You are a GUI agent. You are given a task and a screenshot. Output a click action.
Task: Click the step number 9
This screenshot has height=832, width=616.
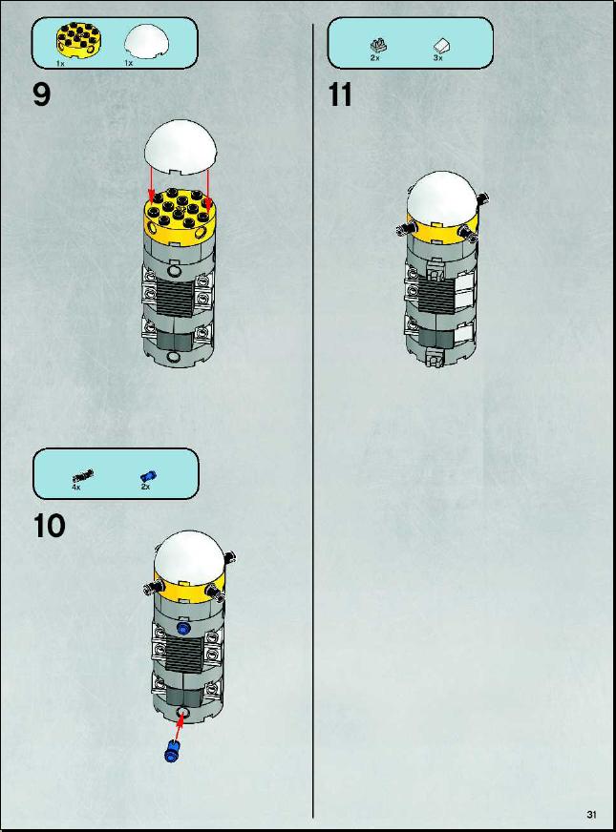42,95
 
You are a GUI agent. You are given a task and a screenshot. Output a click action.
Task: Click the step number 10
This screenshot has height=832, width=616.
50,526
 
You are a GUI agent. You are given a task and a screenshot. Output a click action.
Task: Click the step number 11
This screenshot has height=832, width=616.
340,95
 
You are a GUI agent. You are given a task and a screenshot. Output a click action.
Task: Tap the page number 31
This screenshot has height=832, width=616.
592,815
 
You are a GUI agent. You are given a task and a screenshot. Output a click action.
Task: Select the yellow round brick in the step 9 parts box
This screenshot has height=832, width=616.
79,40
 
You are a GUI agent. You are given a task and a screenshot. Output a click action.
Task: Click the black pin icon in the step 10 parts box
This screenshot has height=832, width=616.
83,476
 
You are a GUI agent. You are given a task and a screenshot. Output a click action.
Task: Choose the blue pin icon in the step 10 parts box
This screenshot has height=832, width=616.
148,476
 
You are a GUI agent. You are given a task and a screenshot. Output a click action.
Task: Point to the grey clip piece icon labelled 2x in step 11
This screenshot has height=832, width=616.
378,46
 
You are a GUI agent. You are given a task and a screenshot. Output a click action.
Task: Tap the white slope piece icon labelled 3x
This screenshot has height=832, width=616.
441,47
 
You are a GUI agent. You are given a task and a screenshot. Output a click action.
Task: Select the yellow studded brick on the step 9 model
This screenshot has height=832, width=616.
179,217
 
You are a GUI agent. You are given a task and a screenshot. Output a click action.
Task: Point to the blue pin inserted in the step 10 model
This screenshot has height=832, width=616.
183,629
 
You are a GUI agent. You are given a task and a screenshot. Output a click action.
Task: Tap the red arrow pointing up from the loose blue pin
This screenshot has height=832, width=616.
179,726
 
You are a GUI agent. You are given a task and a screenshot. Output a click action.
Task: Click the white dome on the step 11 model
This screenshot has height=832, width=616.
442,198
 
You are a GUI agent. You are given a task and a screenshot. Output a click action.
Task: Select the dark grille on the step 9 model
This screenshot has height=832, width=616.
175,298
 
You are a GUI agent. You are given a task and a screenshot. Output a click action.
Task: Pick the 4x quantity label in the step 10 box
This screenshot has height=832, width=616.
76,487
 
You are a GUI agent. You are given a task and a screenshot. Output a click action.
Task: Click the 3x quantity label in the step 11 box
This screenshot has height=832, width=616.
437,58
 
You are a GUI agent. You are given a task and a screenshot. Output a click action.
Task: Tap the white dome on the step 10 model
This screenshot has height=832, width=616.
189,556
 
